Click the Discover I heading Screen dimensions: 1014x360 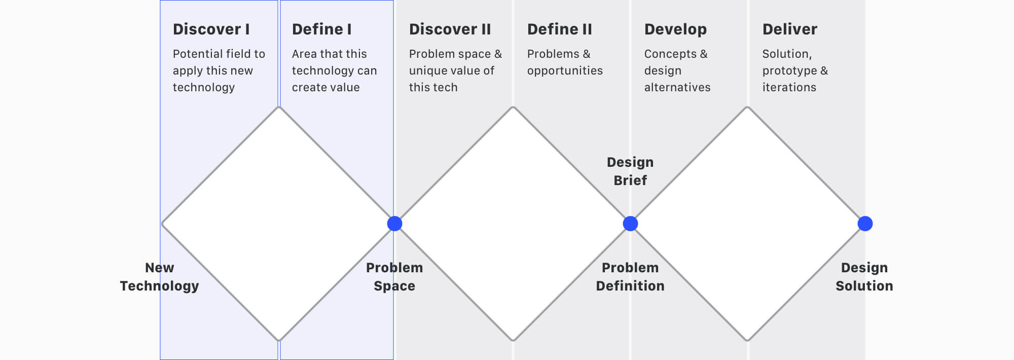coord(211,29)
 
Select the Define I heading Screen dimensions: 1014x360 coord(322,29)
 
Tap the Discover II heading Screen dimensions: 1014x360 coord(450,29)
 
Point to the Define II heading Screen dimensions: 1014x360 coord(560,29)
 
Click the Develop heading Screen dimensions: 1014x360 coord(675,30)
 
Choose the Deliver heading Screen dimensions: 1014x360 coord(790,29)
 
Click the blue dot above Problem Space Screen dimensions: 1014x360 coord(394,224)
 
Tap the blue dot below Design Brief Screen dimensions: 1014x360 coord(630,224)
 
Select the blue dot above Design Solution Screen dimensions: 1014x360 coord(865,224)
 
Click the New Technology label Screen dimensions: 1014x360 coord(159,277)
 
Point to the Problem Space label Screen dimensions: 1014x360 coord(394,277)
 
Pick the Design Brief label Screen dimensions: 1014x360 coord(630,171)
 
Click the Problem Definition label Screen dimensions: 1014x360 coord(630,277)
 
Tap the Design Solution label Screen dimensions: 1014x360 coord(864,277)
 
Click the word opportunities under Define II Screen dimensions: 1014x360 coord(565,71)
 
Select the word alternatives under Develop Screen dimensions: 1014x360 coord(677,87)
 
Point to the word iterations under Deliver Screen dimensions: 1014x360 coord(789,87)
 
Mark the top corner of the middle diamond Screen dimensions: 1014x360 coord(513,107)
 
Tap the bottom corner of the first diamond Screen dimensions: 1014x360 coord(279,340)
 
